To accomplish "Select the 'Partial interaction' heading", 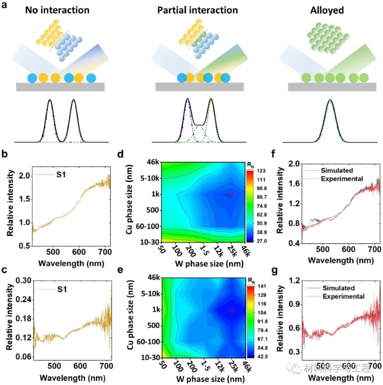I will (198, 10).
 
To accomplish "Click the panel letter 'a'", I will (5, 6).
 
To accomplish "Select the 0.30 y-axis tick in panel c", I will (21, 280).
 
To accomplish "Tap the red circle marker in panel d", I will (230, 195).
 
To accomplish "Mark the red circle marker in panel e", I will (231, 310).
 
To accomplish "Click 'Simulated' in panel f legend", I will (337, 170).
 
